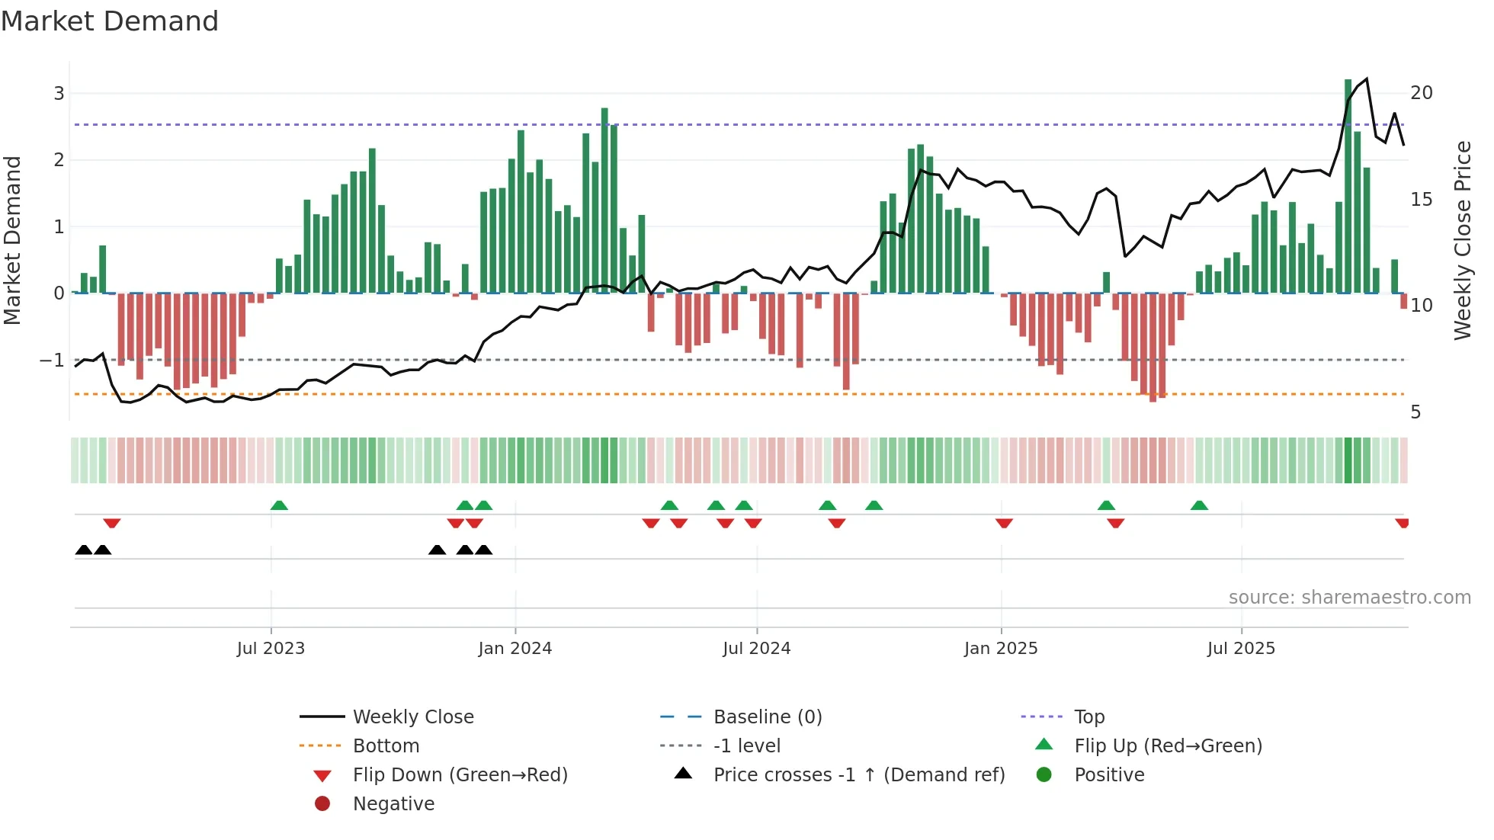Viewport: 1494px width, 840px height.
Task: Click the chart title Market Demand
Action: pyautogui.click(x=110, y=21)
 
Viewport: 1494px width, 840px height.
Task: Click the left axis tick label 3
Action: pyautogui.click(x=59, y=94)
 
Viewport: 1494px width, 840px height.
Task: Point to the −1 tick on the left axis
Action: pyautogui.click(x=53, y=360)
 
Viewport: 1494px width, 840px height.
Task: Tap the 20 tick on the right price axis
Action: pyautogui.click(x=1421, y=93)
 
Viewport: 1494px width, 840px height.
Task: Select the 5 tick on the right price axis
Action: pyautogui.click(x=1415, y=412)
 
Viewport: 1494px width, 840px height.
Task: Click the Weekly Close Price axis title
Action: pyautogui.click(x=1462, y=240)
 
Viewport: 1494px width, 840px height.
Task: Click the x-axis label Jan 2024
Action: pyautogui.click(x=515, y=649)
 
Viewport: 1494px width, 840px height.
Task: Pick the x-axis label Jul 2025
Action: pyautogui.click(x=1240, y=649)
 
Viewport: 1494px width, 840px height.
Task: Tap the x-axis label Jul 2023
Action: pyautogui.click(x=271, y=649)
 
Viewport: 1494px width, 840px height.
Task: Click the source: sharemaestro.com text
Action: pyautogui.click(x=1349, y=598)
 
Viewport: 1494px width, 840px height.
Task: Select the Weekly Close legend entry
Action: pyautogui.click(x=412, y=717)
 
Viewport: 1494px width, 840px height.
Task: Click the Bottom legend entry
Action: pyautogui.click(x=386, y=746)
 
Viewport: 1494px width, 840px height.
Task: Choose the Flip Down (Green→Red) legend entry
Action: pyautogui.click(x=460, y=775)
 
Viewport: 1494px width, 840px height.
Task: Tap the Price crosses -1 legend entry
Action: pyautogui.click(x=858, y=775)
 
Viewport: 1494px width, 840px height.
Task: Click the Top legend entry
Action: pyautogui.click(x=1088, y=717)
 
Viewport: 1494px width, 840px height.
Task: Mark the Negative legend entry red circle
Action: pyautogui.click(x=322, y=804)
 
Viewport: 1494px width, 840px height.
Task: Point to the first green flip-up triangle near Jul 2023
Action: pyautogui.click(x=279, y=505)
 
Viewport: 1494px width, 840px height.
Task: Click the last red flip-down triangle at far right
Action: pyautogui.click(x=1402, y=523)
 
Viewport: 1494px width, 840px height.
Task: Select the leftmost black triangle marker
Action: pyautogui.click(x=84, y=550)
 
